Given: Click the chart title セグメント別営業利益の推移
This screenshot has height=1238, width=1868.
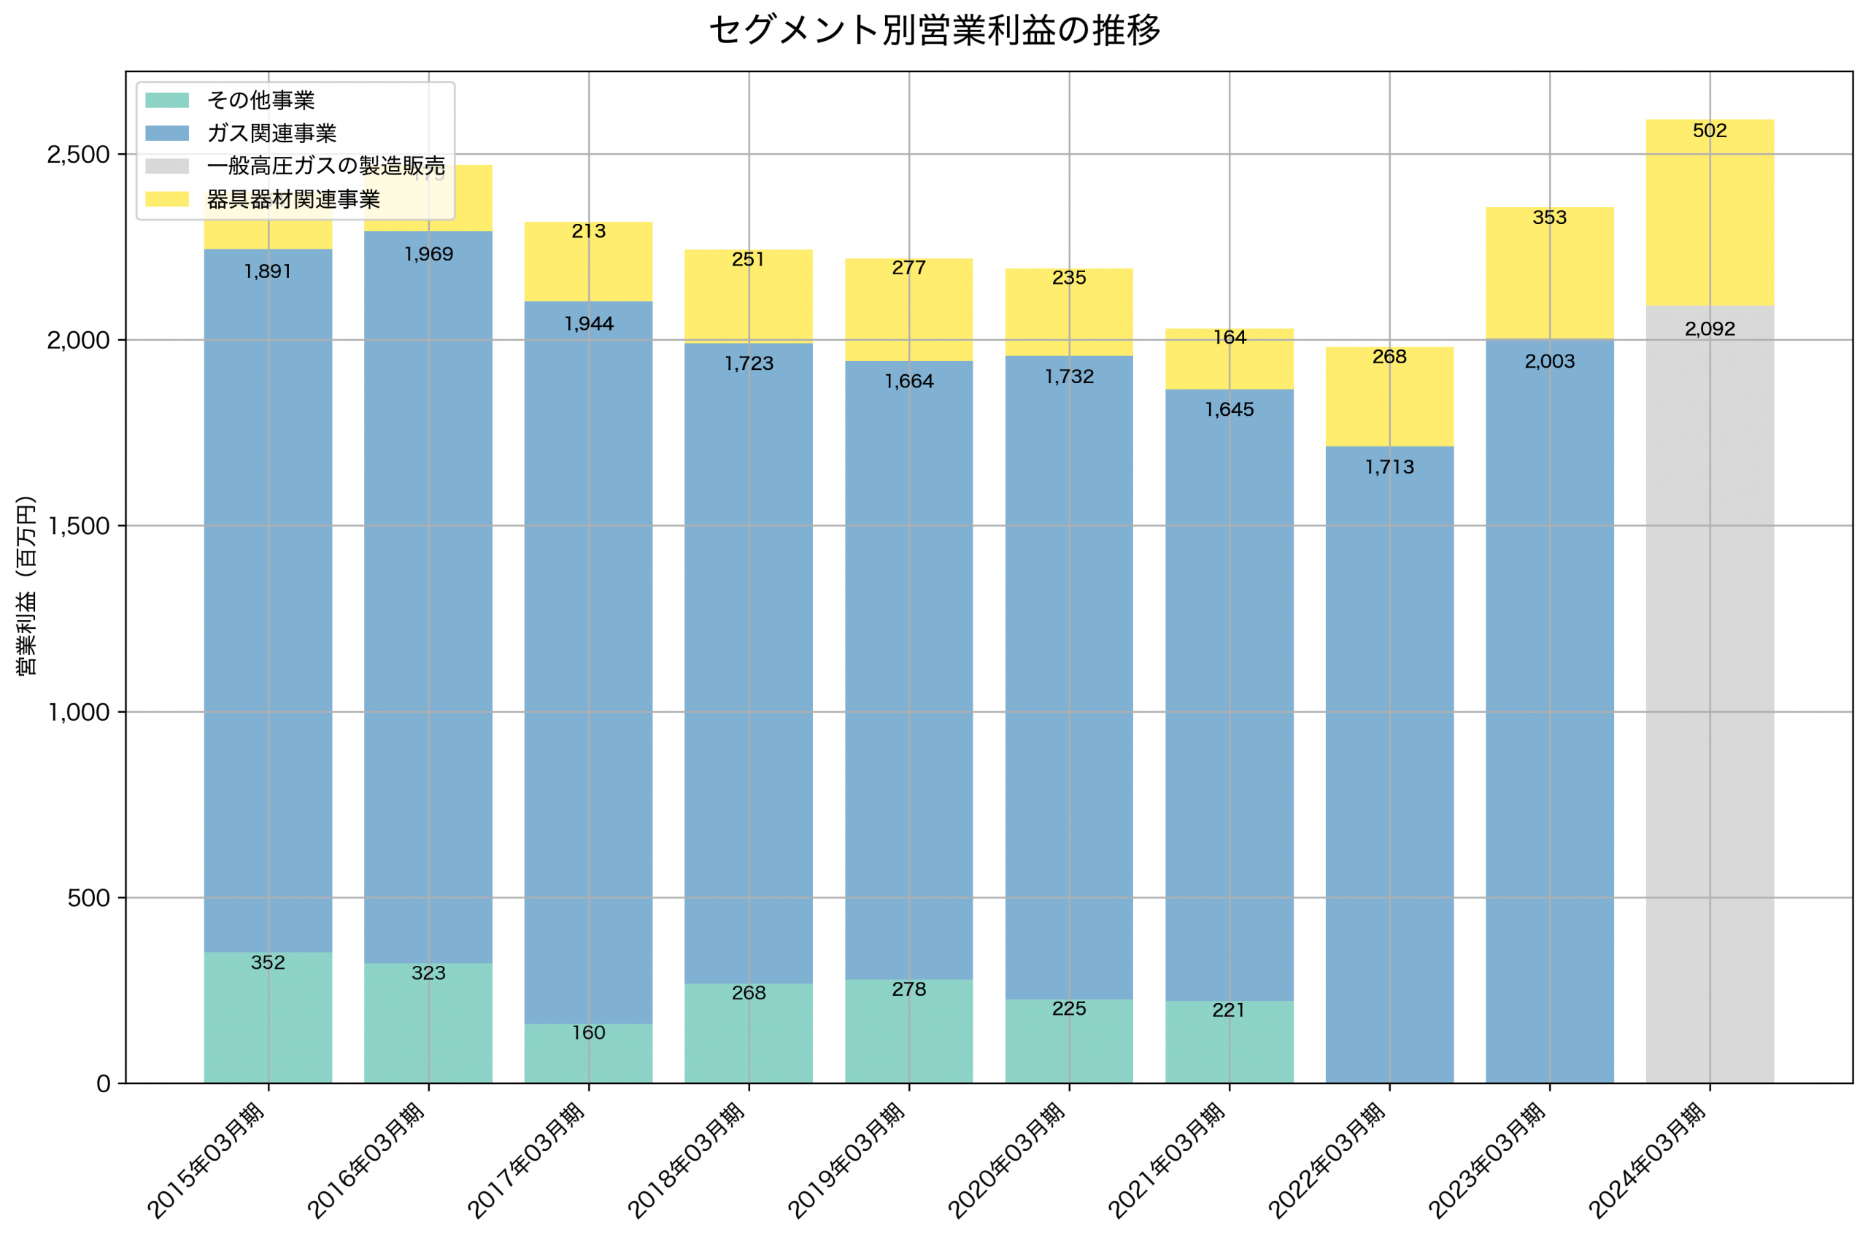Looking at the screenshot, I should pyautogui.click(x=934, y=31).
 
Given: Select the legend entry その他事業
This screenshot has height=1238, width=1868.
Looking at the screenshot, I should pyautogui.click(x=260, y=100).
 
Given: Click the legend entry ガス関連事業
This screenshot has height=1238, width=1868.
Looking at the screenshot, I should pyautogui.click(x=271, y=134).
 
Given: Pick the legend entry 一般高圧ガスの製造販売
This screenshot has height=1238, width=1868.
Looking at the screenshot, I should pyautogui.click(x=325, y=166).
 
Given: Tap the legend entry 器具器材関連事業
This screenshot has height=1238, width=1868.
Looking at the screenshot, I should pyautogui.click(x=293, y=200).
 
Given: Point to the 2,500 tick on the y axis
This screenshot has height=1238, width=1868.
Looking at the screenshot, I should pyautogui.click(x=77, y=155).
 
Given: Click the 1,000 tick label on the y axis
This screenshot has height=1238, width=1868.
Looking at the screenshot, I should pyautogui.click(x=77, y=713).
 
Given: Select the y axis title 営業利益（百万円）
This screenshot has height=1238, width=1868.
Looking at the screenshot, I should pyautogui.click(x=26, y=586).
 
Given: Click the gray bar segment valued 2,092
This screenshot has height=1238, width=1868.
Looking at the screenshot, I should pyautogui.click(x=1710, y=695).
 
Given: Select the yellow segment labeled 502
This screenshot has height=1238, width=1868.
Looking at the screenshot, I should pyautogui.click(x=1710, y=213).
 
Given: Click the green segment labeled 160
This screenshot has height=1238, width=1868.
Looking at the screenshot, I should pyautogui.click(x=588, y=1054).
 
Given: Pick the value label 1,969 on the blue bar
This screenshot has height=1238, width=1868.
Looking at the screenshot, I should pyautogui.click(x=429, y=254).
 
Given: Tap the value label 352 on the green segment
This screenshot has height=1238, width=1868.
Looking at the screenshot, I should pyautogui.click(x=268, y=962).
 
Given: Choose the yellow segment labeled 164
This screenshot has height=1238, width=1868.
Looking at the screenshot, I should pyautogui.click(x=1229, y=359).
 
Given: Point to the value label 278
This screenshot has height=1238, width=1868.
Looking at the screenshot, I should pyautogui.click(x=908, y=989).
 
